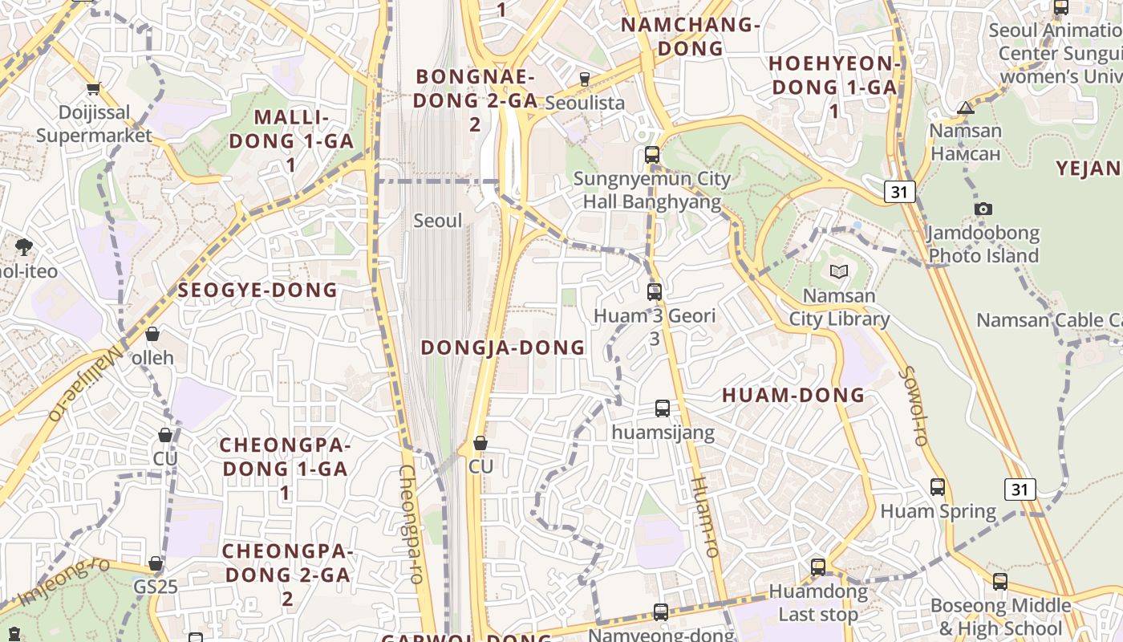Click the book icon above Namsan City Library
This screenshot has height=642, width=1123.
838,272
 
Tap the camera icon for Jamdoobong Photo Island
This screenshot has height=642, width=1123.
983,209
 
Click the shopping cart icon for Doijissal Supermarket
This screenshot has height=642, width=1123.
94,89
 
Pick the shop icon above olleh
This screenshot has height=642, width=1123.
152,334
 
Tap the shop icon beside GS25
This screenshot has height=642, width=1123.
156,563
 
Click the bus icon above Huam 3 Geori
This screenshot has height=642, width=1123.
655,292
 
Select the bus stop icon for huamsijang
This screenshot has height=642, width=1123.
663,408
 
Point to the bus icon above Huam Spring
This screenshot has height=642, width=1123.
938,487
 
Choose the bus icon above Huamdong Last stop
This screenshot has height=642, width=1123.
818,567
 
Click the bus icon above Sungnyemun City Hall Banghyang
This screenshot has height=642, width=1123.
652,155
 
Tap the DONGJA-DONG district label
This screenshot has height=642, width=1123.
503,347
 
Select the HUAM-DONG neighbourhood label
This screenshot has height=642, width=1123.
793,395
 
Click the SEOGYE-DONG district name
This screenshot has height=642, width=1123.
257,291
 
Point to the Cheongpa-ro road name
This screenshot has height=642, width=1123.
410,523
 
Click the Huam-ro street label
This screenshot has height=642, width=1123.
705,517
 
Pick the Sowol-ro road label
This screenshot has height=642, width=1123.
914,406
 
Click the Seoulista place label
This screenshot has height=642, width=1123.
585,103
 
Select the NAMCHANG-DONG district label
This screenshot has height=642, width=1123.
691,36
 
